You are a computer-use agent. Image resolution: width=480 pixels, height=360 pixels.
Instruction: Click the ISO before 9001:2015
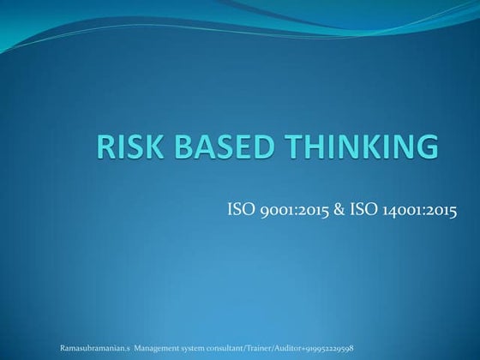pyautogui.click(x=239, y=208)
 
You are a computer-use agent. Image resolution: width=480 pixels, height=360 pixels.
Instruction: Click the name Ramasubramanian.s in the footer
pyautogui.click(x=94, y=349)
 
